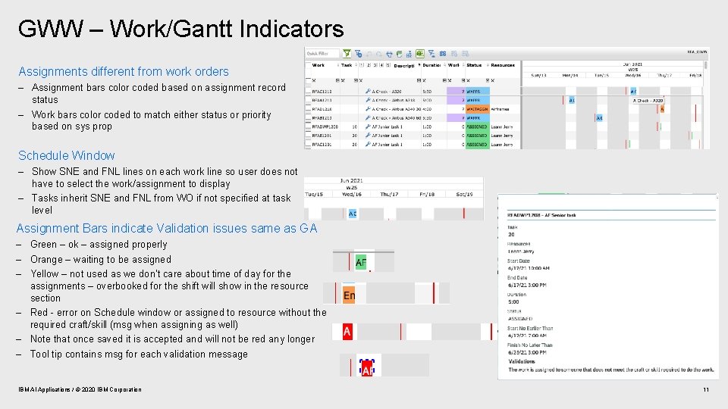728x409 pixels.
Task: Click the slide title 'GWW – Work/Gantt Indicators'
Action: (180, 30)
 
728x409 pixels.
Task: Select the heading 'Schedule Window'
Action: (67, 155)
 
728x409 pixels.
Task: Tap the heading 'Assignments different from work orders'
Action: (124, 71)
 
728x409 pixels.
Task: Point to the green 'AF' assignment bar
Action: (361, 263)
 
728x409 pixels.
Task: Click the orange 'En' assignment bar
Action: (349, 295)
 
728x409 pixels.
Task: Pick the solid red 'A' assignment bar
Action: (347, 332)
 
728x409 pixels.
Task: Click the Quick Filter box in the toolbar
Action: (323, 54)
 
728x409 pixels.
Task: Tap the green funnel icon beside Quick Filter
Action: (347, 54)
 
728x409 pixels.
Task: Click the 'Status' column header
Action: (475, 65)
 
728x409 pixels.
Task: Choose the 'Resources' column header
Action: (503, 65)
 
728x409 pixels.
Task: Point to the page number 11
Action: (705, 389)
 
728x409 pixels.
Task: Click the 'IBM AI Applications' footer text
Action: (80, 389)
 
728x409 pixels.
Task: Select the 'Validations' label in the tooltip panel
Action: (522, 361)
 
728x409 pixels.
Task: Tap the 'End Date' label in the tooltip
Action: (517, 277)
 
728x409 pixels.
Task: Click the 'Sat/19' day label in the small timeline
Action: (465, 195)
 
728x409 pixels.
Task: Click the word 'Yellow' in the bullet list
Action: (44, 273)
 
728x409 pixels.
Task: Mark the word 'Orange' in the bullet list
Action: (45, 259)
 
